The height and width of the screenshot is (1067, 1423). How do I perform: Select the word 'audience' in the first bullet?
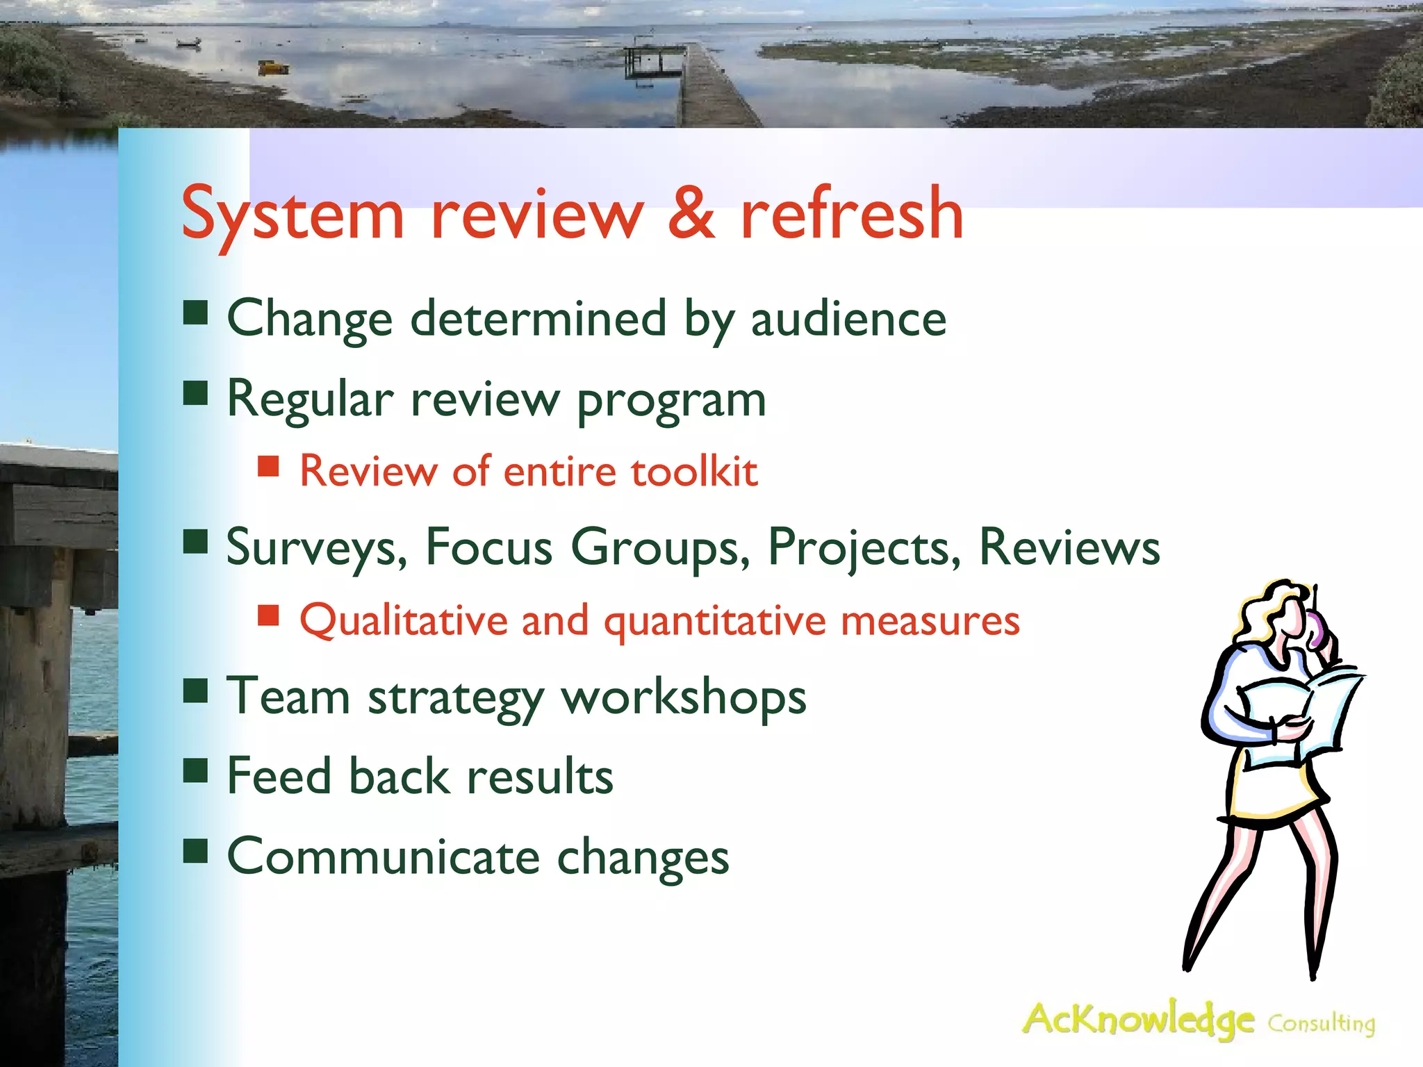coord(848,319)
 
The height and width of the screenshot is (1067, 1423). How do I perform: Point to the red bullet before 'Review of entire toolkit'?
coord(268,466)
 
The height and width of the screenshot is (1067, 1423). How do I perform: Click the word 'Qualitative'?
coord(403,620)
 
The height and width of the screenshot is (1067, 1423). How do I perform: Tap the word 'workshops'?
coord(684,697)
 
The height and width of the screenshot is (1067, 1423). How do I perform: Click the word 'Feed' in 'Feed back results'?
coord(279,776)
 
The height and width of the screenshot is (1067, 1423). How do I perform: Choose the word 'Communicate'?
coord(383,857)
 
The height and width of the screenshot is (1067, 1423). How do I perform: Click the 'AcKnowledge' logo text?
coord(1138,1020)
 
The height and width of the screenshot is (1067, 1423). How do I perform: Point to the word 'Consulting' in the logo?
coord(1321,1024)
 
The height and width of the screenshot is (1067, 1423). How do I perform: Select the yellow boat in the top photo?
coord(273,67)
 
